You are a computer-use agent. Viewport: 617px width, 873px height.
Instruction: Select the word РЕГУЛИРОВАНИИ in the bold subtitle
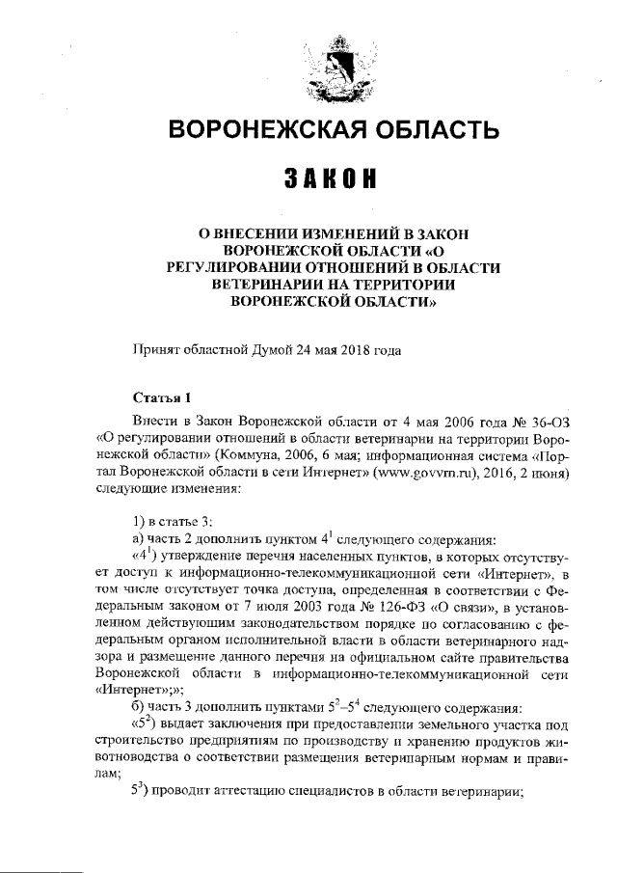[261, 266]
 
